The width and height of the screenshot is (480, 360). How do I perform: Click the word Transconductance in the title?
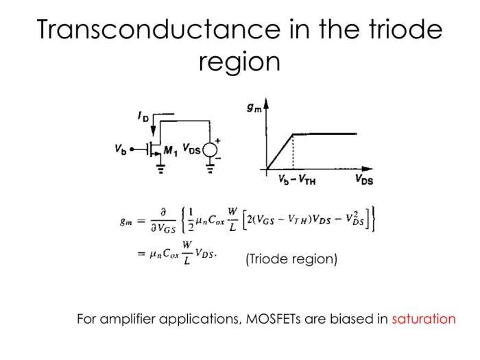point(158,29)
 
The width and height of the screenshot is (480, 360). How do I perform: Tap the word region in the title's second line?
point(239,62)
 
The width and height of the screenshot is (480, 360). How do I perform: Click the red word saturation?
point(424,319)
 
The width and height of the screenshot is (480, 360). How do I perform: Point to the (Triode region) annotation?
point(291,259)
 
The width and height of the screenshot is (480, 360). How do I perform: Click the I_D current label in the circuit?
point(143,117)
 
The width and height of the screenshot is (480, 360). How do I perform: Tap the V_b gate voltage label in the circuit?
point(121,149)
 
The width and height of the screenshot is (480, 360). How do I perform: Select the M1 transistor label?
point(171,151)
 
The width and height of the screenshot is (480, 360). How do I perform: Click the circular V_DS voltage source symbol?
point(210,150)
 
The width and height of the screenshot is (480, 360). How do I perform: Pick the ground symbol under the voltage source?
point(210,169)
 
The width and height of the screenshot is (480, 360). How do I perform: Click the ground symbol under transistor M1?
point(160,169)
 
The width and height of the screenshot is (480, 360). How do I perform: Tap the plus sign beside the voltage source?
point(217,141)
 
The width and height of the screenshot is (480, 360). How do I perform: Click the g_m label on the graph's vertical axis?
point(254,108)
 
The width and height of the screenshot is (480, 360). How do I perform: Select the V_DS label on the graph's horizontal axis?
point(364,180)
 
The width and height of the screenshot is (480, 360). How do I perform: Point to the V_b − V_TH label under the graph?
point(297,180)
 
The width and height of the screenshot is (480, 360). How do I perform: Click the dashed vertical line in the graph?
point(293,152)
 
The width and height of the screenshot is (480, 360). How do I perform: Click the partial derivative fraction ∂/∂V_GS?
point(163,220)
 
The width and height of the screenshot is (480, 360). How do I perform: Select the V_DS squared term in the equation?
point(355,219)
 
